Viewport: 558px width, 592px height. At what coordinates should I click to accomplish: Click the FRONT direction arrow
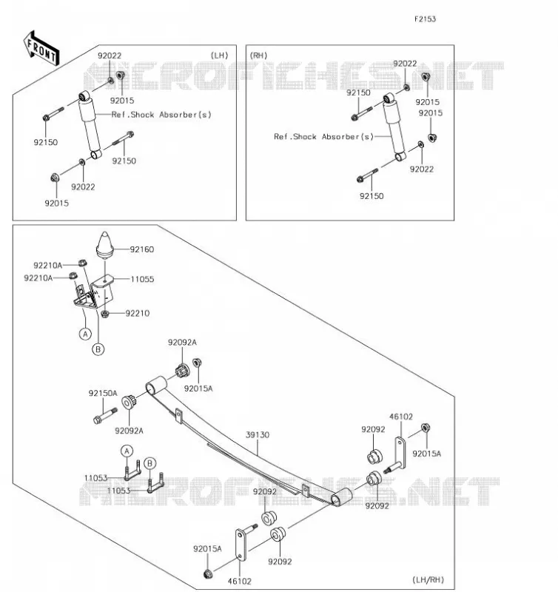tap(41, 48)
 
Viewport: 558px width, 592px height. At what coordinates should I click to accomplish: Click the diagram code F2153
tap(425, 19)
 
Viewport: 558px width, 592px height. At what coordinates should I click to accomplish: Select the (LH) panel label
tap(219, 55)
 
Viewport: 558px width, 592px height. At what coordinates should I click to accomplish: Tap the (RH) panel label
tap(258, 55)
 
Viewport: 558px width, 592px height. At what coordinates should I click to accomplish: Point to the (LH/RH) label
tap(428, 579)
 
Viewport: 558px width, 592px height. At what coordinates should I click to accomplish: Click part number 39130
tap(258, 435)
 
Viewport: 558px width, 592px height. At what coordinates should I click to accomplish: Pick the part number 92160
tap(142, 249)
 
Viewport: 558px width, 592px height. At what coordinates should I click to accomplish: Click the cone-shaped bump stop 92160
tap(105, 245)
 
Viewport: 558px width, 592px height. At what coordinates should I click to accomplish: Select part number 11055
tap(142, 280)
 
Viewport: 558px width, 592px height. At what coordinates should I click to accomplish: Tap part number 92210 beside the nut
tap(138, 313)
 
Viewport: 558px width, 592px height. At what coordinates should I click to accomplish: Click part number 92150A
tap(103, 393)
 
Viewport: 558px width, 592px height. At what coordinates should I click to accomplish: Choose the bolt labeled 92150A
tap(105, 415)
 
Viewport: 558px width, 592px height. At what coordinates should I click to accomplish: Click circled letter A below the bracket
tap(86, 334)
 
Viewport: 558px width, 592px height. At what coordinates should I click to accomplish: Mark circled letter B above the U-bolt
tap(150, 463)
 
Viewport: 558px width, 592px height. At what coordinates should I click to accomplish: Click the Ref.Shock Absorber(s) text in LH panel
tap(161, 115)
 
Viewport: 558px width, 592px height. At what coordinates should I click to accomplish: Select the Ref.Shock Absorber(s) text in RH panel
tap(323, 136)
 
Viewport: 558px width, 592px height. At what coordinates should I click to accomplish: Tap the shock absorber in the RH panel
tap(394, 127)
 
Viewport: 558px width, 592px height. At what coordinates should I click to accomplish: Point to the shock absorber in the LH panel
tap(90, 125)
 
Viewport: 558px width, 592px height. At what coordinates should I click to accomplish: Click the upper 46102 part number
tap(401, 417)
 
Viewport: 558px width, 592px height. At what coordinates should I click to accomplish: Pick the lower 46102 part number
tap(239, 581)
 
